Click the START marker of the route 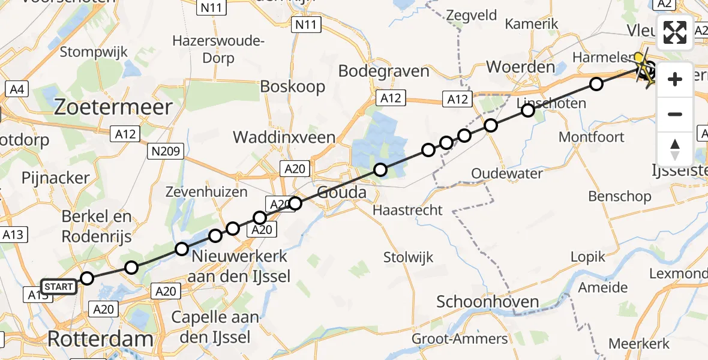(x=58, y=287)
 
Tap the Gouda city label (x=341, y=193)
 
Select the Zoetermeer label (x=113, y=107)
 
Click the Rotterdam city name (x=100, y=339)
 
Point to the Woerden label (x=520, y=67)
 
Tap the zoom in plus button (x=675, y=79)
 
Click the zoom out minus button (x=675, y=114)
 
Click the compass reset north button (x=675, y=149)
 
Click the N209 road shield (x=165, y=152)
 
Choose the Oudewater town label (x=507, y=173)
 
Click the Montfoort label (x=592, y=137)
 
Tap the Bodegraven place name (x=384, y=71)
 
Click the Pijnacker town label (x=55, y=178)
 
